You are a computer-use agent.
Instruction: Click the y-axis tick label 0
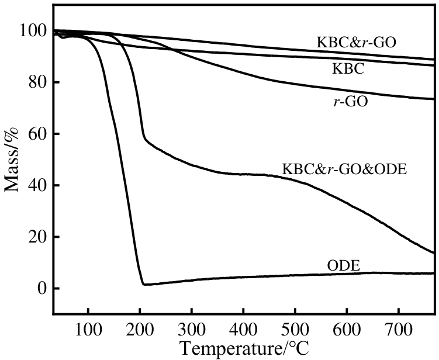[41, 289]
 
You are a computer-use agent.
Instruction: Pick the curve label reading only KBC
[348, 69]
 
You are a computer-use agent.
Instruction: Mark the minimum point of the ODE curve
[144, 285]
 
